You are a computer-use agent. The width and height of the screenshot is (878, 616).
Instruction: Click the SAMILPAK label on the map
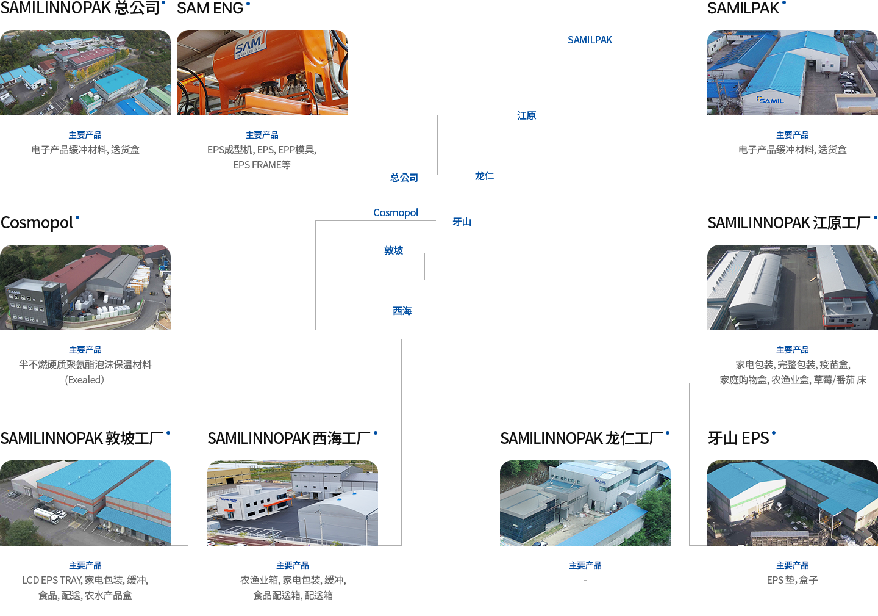pyautogui.click(x=590, y=40)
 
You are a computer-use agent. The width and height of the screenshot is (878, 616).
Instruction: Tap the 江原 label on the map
pyautogui.click(x=527, y=115)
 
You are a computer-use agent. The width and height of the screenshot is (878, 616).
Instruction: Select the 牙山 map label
pyautogui.click(x=462, y=222)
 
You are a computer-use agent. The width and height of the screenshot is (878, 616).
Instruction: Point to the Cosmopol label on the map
pyautogui.click(x=396, y=212)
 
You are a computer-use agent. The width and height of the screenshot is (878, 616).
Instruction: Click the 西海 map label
pyautogui.click(x=402, y=311)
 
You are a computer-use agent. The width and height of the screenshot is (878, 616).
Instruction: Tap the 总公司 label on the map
pyautogui.click(x=404, y=178)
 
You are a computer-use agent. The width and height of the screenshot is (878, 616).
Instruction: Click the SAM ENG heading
pyautogui.click(x=210, y=8)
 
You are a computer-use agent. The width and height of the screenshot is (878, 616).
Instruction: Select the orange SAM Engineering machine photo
pyautogui.click(x=262, y=72)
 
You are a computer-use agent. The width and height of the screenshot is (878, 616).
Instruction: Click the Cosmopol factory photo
pyautogui.click(x=85, y=287)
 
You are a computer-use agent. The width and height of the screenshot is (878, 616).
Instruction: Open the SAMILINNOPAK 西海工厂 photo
pyautogui.click(x=292, y=502)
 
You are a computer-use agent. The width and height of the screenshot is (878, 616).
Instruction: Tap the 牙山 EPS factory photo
pyautogui.click(x=792, y=502)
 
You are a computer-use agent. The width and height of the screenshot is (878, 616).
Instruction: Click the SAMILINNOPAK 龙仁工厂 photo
pyautogui.click(x=585, y=502)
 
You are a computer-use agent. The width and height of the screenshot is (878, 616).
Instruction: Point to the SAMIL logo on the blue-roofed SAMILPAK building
pyautogui.click(x=771, y=100)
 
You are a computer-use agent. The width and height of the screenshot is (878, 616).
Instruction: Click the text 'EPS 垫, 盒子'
pyautogui.click(x=792, y=580)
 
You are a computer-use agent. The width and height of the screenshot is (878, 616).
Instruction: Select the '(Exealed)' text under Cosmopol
pyautogui.click(x=85, y=380)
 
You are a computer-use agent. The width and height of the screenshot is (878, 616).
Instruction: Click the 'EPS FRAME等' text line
pyautogui.click(x=262, y=165)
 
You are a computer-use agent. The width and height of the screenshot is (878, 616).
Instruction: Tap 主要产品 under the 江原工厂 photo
pyautogui.click(x=792, y=350)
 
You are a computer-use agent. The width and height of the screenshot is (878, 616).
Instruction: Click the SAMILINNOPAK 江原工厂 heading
pyautogui.click(x=788, y=223)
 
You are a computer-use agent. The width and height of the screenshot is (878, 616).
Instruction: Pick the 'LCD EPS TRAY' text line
pyautogui.click(x=85, y=580)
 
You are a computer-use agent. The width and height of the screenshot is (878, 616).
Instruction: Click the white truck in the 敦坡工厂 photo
pyautogui.click(x=48, y=515)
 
